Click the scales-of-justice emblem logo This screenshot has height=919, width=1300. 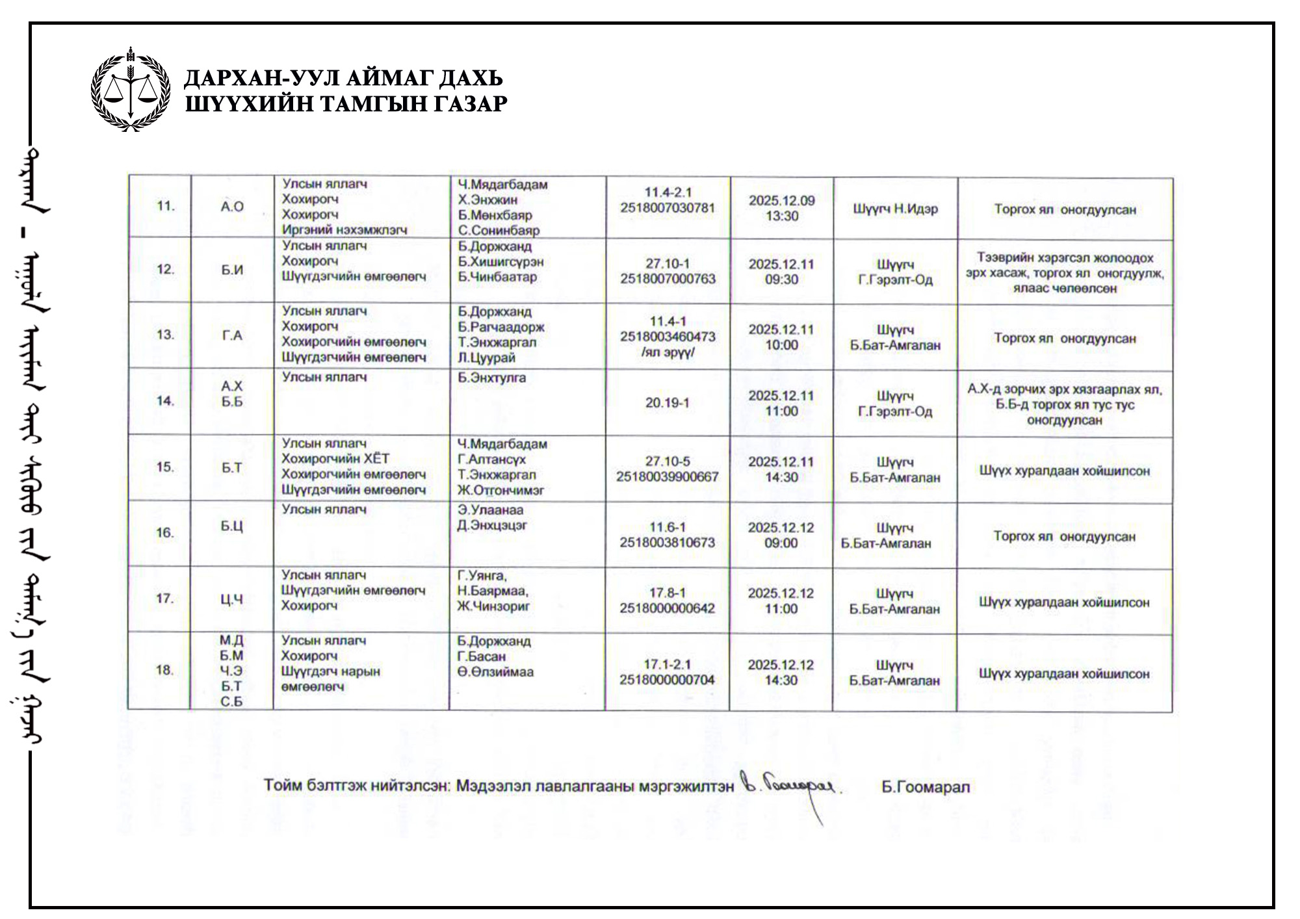pyautogui.click(x=131, y=89)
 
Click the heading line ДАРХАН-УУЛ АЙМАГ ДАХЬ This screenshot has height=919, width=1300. pyautogui.click(x=343, y=78)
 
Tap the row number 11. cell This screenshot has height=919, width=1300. pyautogui.click(x=165, y=207)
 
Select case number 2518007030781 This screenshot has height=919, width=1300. pyautogui.click(x=668, y=208)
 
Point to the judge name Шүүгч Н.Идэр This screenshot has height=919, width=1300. pyautogui.click(x=895, y=209)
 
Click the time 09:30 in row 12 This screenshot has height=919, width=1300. pyautogui.click(x=781, y=279)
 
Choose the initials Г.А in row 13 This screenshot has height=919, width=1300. pyautogui.click(x=231, y=335)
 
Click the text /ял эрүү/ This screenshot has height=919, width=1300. pyautogui.click(x=668, y=352)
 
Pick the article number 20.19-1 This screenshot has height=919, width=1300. pyautogui.click(x=667, y=403)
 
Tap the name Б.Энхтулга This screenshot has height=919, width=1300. pyautogui.click(x=491, y=378)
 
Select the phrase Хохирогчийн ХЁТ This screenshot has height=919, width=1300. pyautogui.click(x=335, y=459)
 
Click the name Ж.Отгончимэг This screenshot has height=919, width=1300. pyautogui.click(x=500, y=490)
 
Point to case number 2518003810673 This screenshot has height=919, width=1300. pyautogui.click(x=667, y=543)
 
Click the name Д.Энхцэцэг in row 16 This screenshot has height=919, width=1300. pyautogui.click(x=491, y=525)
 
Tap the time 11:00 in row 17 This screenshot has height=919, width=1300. pyautogui.click(x=781, y=609)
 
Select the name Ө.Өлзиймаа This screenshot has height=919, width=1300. pyautogui.click(x=495, y=672)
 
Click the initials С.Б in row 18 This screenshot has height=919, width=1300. pyautogui.click(x=231, y=702)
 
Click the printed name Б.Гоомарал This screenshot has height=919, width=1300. pyautogui.click(x=926, y=787)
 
